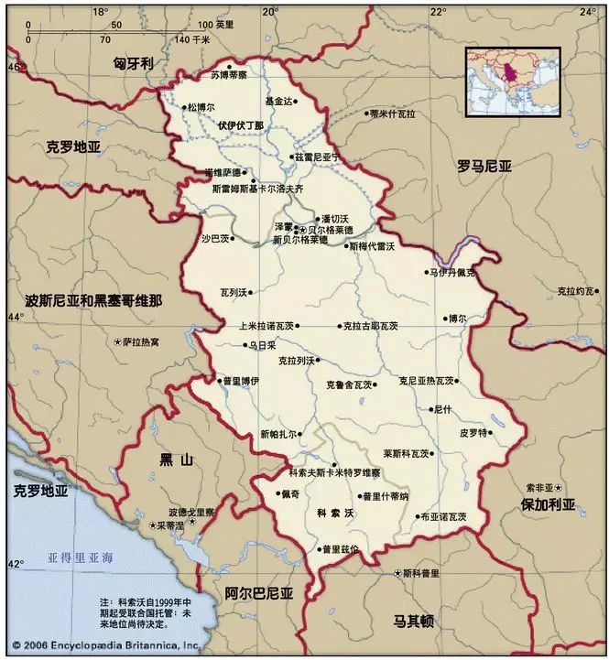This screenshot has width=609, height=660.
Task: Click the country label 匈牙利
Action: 133,63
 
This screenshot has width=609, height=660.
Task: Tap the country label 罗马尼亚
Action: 484,166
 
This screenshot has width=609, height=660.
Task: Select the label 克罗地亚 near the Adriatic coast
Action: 41,491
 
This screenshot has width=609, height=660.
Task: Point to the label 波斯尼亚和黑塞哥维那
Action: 94,300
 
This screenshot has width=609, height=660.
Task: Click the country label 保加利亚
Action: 548,504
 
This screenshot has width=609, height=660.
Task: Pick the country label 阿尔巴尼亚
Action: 259,593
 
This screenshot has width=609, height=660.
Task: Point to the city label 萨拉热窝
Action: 140,341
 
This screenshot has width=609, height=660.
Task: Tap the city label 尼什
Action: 442,408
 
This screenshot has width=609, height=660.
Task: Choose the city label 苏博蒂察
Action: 229,76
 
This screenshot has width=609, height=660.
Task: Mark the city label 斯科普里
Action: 424,573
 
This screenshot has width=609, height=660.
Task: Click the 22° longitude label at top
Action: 438,11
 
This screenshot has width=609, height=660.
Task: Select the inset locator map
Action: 512,81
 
